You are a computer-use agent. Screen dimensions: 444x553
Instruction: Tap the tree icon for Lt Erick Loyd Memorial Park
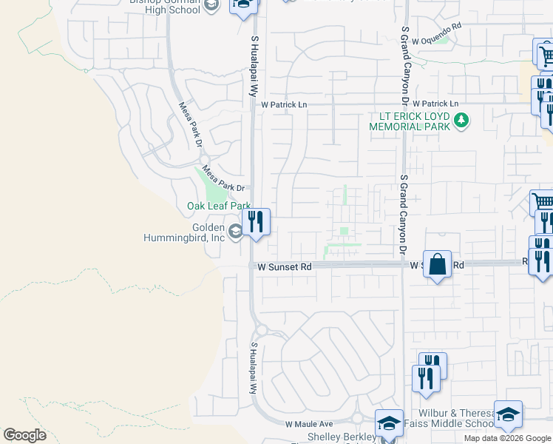pyautogui.click(x=462, y=118)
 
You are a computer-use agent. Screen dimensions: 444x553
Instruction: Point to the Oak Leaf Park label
pyautogui.click(x=218, y=206)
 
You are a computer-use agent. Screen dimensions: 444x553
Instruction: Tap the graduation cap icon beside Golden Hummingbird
pyautogui.click(x=234, y=232)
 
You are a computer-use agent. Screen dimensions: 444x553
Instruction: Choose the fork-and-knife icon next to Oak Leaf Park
pyautogui.click(x=256, y=222)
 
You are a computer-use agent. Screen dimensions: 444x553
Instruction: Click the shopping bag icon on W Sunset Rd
pyautogui.click(x=437, y=264)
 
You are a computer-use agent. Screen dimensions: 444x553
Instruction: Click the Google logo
pyautogui.click(x=25, y=435)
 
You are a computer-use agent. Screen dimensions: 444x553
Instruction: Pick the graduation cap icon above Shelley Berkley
pyautogui.click(x=389, y=423)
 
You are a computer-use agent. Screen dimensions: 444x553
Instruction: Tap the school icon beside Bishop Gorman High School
pyautogui.click(x=211, y=6)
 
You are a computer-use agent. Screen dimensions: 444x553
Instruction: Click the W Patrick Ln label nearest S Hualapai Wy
pyautogui.click(x=283, y=105)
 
